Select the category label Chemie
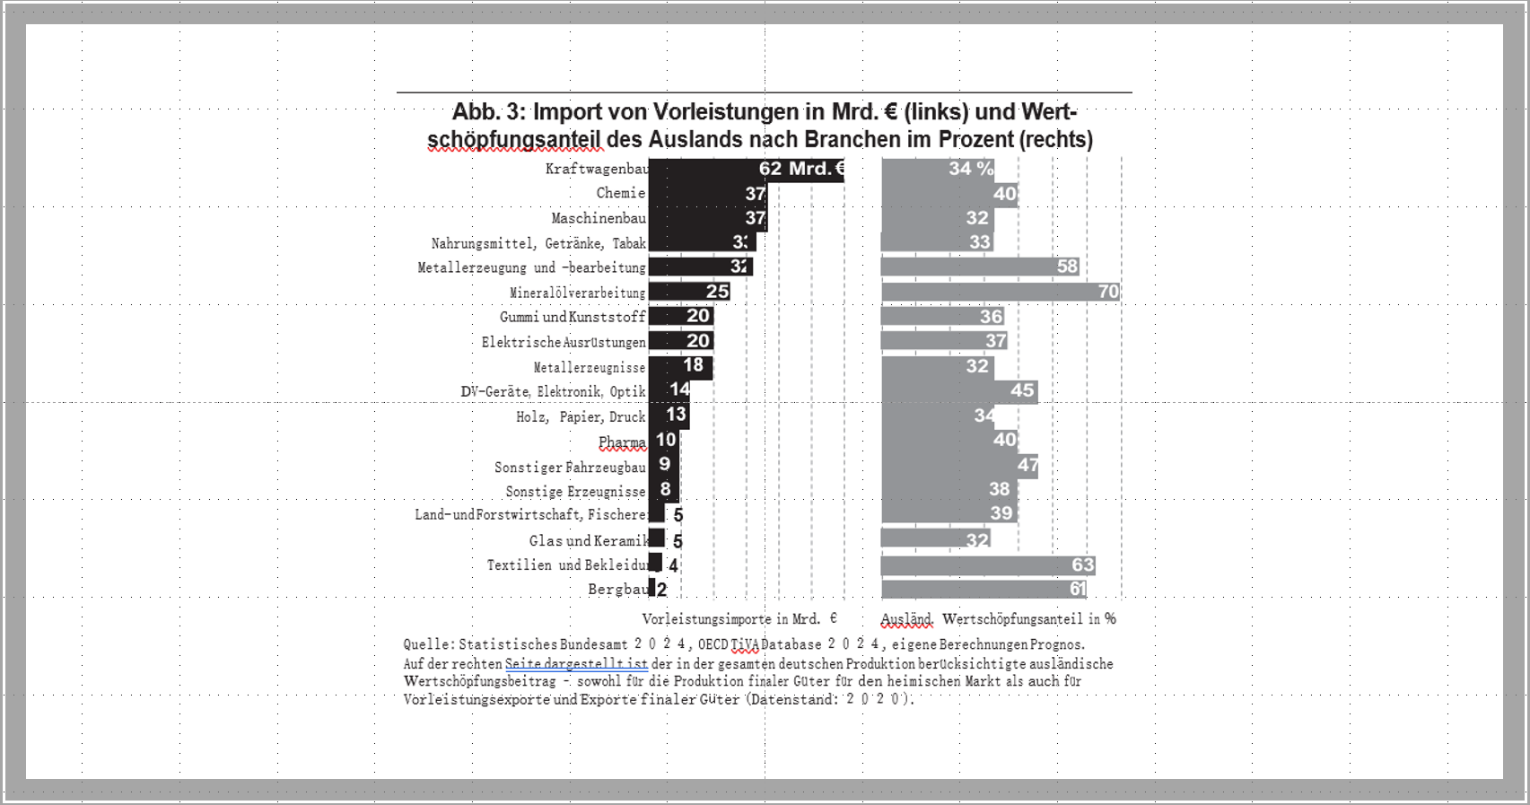620,193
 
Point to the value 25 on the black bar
717,292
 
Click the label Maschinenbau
598,218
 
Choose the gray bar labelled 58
969,267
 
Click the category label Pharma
622,442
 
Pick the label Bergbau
617,590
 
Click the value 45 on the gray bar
1022,390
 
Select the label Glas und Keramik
588,540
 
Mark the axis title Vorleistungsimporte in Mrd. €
739,618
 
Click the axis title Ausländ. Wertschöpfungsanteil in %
998,618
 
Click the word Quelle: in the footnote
428,644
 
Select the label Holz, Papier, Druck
581,416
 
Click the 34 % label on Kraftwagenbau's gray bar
971,169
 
